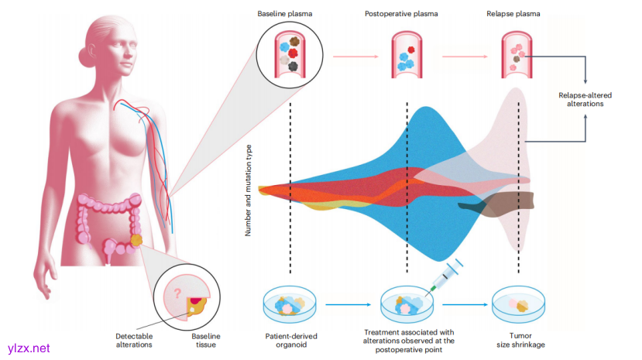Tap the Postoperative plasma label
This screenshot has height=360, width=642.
407,15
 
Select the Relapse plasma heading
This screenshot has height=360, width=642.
513,15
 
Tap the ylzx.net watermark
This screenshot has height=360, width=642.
28,348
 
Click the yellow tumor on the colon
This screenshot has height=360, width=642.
136,241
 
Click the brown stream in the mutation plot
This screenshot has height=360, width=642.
496,203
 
